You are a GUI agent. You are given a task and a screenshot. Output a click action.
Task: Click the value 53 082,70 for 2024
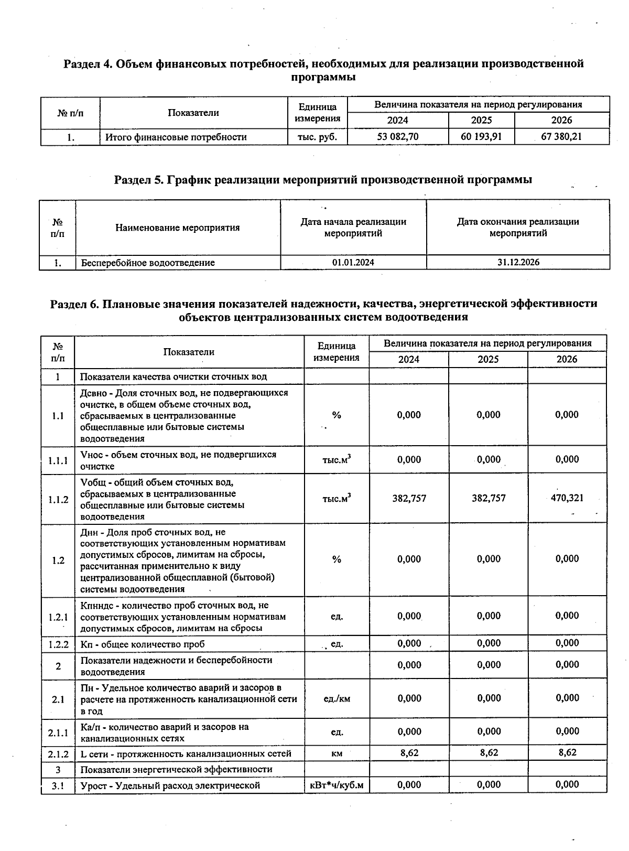tap(398, 137)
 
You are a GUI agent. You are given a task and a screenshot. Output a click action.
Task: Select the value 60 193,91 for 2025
tap(481, 137)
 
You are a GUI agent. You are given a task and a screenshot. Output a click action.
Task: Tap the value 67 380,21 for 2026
tap(561, 137)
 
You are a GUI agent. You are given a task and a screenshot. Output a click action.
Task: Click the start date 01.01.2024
tap(353, 262)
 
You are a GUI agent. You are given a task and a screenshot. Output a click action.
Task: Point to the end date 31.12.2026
tap(518, 262)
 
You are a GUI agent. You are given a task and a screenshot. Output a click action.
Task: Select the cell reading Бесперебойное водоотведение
tap(148, 263)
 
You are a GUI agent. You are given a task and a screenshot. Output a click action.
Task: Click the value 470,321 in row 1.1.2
tap(567, 498)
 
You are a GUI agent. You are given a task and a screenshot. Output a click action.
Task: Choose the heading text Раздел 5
tap(138, 180)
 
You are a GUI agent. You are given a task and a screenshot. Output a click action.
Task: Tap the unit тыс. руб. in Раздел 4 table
tap(317, 137)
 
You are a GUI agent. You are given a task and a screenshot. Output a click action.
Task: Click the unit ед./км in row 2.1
tap(337, 698)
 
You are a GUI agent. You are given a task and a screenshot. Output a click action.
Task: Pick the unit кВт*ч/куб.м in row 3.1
tap(337, 785)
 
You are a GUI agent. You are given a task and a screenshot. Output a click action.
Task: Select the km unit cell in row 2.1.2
tap(337, 753)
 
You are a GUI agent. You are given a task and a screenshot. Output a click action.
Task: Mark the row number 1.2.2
tap(58, 644)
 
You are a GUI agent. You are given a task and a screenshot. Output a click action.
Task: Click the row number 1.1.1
tap(58, 460)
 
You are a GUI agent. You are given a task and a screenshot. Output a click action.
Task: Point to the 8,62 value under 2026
tap(567, 752)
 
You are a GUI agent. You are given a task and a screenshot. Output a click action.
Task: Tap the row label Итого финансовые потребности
tap(176, 137)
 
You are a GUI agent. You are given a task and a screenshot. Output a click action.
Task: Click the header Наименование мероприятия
tap(177, 228)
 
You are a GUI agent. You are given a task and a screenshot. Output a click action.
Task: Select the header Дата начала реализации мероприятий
tap(353, 228)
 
